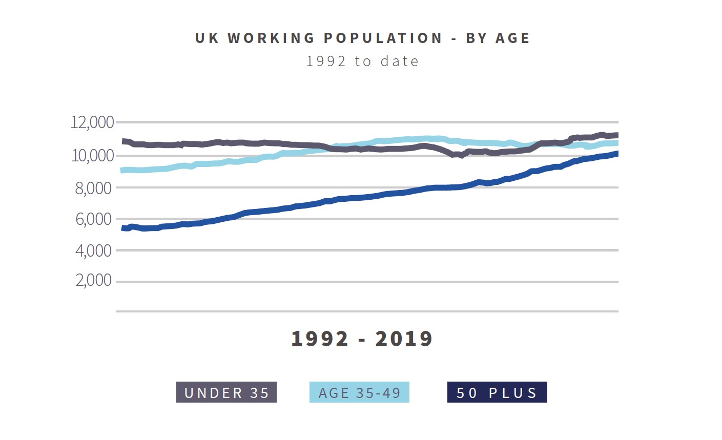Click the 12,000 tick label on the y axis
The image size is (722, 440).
[92, 123]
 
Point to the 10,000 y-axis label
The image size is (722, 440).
[92, 156]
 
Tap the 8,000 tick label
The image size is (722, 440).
[93, 188]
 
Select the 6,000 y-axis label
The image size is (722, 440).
[93, 219]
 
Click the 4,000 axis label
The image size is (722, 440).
[93, 251]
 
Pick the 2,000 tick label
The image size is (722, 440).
[93, 281]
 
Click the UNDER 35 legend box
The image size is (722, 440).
[226, 392]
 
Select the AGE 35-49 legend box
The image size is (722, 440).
[359, 392]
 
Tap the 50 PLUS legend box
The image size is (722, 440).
[497, 392]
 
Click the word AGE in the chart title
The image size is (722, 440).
[512, 38]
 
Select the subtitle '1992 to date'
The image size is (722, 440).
[362, 61]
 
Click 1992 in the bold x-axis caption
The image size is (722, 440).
[320, 339]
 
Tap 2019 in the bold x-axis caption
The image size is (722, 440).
[404, 339]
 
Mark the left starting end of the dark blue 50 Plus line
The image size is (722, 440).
[122, 228]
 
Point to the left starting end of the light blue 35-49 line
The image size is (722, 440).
[122, 170]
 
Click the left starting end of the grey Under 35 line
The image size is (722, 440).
[123, 141]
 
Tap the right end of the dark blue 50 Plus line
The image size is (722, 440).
[617, 153]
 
